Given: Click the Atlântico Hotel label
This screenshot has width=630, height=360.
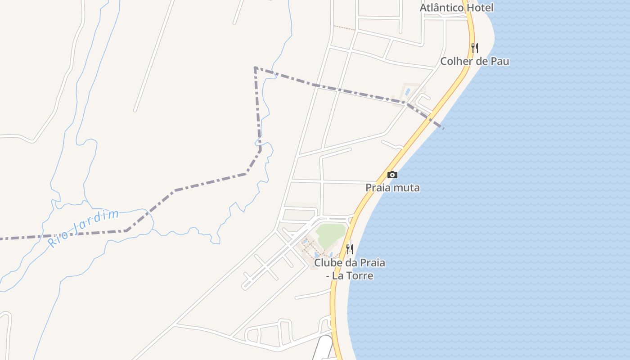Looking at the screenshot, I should click(456, 8).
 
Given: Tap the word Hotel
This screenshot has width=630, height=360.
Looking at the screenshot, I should click(480, 8).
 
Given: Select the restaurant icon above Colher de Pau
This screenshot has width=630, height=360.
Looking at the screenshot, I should click(475, 48).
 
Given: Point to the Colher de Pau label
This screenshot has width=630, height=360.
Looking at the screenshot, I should click(475, 61).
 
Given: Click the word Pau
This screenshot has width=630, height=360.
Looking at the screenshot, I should click(500, 61).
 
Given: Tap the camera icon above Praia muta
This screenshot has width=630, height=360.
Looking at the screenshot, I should click(392, 175).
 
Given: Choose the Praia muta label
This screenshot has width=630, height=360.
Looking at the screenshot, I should click(392, 188).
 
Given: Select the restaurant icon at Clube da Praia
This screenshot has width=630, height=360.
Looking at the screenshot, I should click(349, 249).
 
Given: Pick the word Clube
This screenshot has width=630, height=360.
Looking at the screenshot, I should click(328, 262).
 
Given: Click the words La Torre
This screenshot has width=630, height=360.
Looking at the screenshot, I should click(352, 275).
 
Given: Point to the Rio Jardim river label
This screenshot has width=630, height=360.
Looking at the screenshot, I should click(83, 228).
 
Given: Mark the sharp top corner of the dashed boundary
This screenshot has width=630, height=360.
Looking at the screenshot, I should click(255, 68).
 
